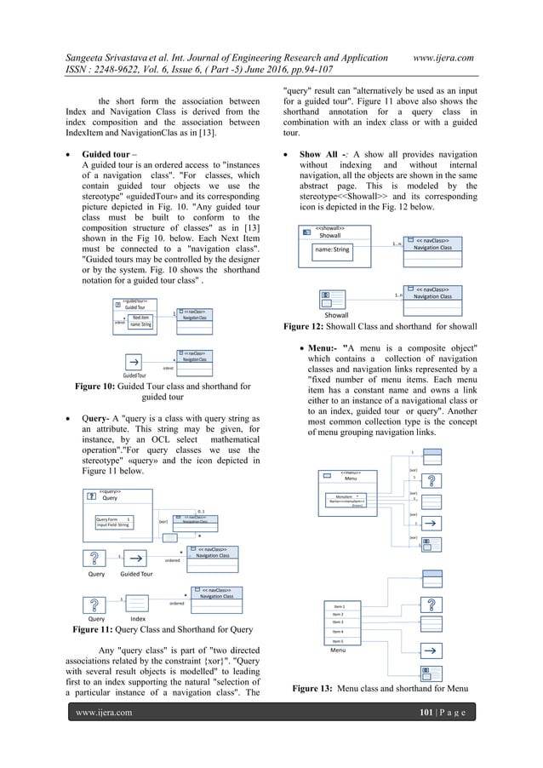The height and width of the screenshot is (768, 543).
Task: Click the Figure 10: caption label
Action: pos(103,387)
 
